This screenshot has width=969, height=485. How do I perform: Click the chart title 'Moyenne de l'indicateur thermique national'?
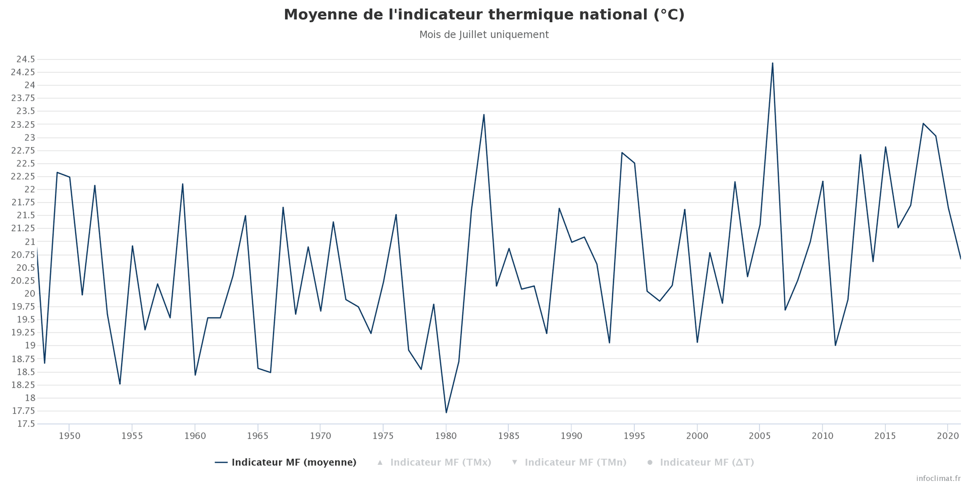coord(483,15)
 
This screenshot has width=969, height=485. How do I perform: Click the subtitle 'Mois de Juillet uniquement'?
coord(483,35)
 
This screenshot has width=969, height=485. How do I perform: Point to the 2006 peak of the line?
coord(772,63)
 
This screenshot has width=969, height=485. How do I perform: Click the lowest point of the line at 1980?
coord(446,412)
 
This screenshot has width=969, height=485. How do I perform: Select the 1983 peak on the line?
coord(483,115)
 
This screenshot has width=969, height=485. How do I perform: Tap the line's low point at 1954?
coord(120,383)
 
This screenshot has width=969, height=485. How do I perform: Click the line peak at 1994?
coord(622,153)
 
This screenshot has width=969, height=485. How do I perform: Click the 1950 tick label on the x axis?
coord(69,436)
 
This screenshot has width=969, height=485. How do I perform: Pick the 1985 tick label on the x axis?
coord(508,436)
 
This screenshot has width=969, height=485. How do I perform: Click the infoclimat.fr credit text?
coord(938,478)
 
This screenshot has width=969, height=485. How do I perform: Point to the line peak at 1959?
coord(182,184)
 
